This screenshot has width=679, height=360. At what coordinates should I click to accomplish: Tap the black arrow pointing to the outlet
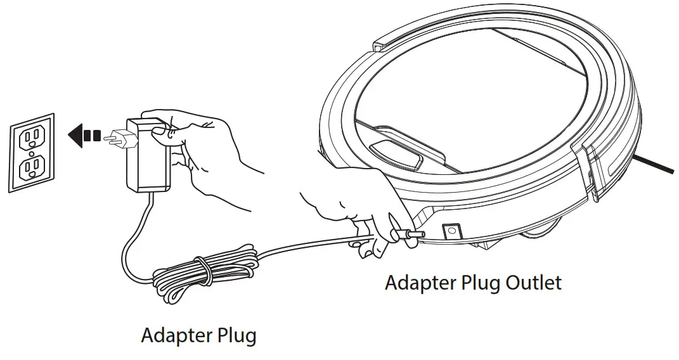click(82, 136)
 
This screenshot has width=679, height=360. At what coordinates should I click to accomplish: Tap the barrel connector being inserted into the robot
click(409, 235)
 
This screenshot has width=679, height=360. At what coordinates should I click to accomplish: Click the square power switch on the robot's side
click(451, 233)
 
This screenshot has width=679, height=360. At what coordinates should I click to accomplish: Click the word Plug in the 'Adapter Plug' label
click(236, 335)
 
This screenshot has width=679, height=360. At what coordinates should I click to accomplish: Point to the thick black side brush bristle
click(656, 163)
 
